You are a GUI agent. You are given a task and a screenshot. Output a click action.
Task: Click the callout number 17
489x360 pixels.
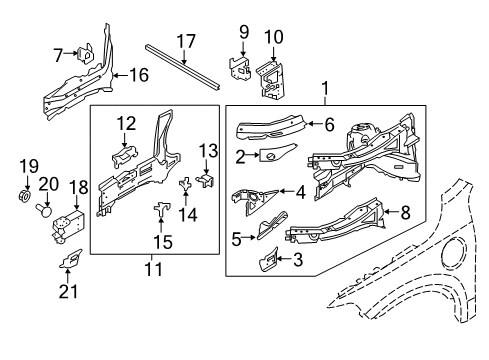pyautogui.click(x=186, y=41)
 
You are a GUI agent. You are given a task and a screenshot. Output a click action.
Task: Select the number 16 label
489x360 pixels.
pyautogui.click(x=139, y=75)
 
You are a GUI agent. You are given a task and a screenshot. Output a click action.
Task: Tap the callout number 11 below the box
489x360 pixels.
pyautogui.click(x=154, y=269)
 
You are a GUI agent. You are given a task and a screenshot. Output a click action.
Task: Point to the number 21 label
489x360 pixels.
pyautogui.click(x=68, y=291)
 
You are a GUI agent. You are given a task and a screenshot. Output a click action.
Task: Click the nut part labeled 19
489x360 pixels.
pyautogui.click(x=24, y=195)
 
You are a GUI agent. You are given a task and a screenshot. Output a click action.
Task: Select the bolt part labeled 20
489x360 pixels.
pyautogui.click(x=44, y=211)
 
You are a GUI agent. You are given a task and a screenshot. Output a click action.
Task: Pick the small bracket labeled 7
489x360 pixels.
pyautogui.click(x=86, y=53)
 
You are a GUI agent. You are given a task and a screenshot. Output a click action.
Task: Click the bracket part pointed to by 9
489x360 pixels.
pyautogui.click(x=239, y=68)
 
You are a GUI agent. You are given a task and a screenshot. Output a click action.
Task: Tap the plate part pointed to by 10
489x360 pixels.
pyautogui.click(x=272, y=79)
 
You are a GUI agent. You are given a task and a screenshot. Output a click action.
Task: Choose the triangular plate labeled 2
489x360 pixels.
pyautogui.click(x=277, y=153)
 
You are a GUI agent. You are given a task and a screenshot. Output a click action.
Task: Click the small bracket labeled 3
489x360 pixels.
pyautogui.click(x=269, y=260)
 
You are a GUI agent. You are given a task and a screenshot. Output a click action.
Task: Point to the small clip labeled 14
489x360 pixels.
pyautogui.click(x=185, y=183)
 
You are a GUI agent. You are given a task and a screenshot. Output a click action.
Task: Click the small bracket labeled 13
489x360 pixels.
pyautogui.click(x=206, y=180)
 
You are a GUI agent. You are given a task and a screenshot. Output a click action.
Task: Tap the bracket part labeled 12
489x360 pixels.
pyautogui.click(x=124, y=156)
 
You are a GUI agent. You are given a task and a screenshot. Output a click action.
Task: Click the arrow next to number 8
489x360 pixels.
pyautogui.click(x=391, y=212)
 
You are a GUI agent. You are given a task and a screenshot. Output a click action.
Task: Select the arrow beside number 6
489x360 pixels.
pyautogui.click(x=314, y=124)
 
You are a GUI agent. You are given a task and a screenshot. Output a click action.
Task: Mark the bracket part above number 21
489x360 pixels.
pyautogui.click(x=70, y=259)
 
